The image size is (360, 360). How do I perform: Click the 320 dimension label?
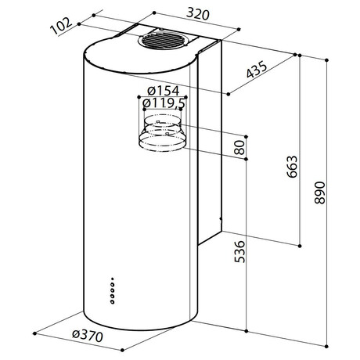tap(198, 14)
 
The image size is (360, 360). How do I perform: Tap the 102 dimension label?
tap(61, 26)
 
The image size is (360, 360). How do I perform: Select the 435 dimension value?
tap(257, 70)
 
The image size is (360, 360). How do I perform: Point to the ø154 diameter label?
tap(164, 91)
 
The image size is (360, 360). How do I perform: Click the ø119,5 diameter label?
tap(164, 103)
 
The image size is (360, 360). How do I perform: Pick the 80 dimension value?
tap(239, 147)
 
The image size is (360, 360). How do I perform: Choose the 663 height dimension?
tap(292, 167)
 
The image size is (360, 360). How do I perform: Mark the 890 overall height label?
tap(320, 193)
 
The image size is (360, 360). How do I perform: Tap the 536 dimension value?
tap(239, 251)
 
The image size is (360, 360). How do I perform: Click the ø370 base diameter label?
tap(88, 336)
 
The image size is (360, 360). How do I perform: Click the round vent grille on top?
tap(162, 41)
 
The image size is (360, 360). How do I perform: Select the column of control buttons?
tap(113, 291)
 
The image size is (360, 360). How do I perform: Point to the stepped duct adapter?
tap(162, 133)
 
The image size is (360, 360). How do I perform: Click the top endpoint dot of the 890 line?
tap(327, 60)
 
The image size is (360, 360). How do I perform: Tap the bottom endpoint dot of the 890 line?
tap(327, 346)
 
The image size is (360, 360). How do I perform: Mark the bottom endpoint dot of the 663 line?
tap(300, 246)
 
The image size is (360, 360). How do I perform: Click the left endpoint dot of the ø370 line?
tap(34, 333)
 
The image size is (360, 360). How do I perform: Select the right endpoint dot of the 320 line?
tap(239, 30)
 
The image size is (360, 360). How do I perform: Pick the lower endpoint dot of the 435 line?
tap(229, 94)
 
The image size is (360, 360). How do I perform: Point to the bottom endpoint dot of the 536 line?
tap(247, 331)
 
